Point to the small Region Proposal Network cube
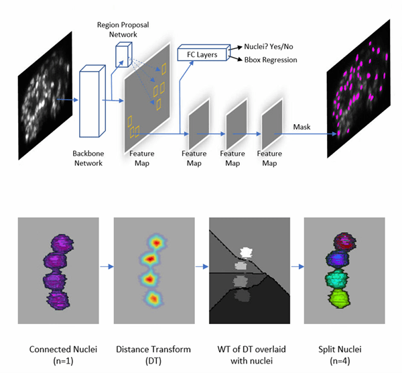click(x=123, y=56)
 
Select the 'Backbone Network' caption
click(x=88, y=158)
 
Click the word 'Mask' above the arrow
click(x=302, y=127)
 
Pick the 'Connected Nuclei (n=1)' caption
click(x=57, y=354)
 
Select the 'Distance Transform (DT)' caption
click(x=152, y=354)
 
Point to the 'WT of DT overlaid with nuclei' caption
click(x=249, y=354)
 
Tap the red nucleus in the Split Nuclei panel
click(x=344, y=241)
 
